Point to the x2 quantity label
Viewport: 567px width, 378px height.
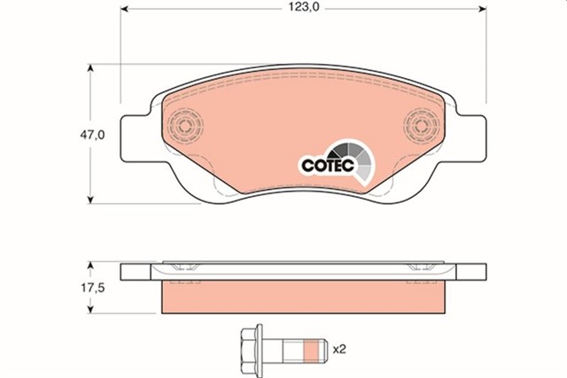click(x=338, y=349)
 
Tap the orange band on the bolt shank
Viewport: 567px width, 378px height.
click(x=309, y=348)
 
